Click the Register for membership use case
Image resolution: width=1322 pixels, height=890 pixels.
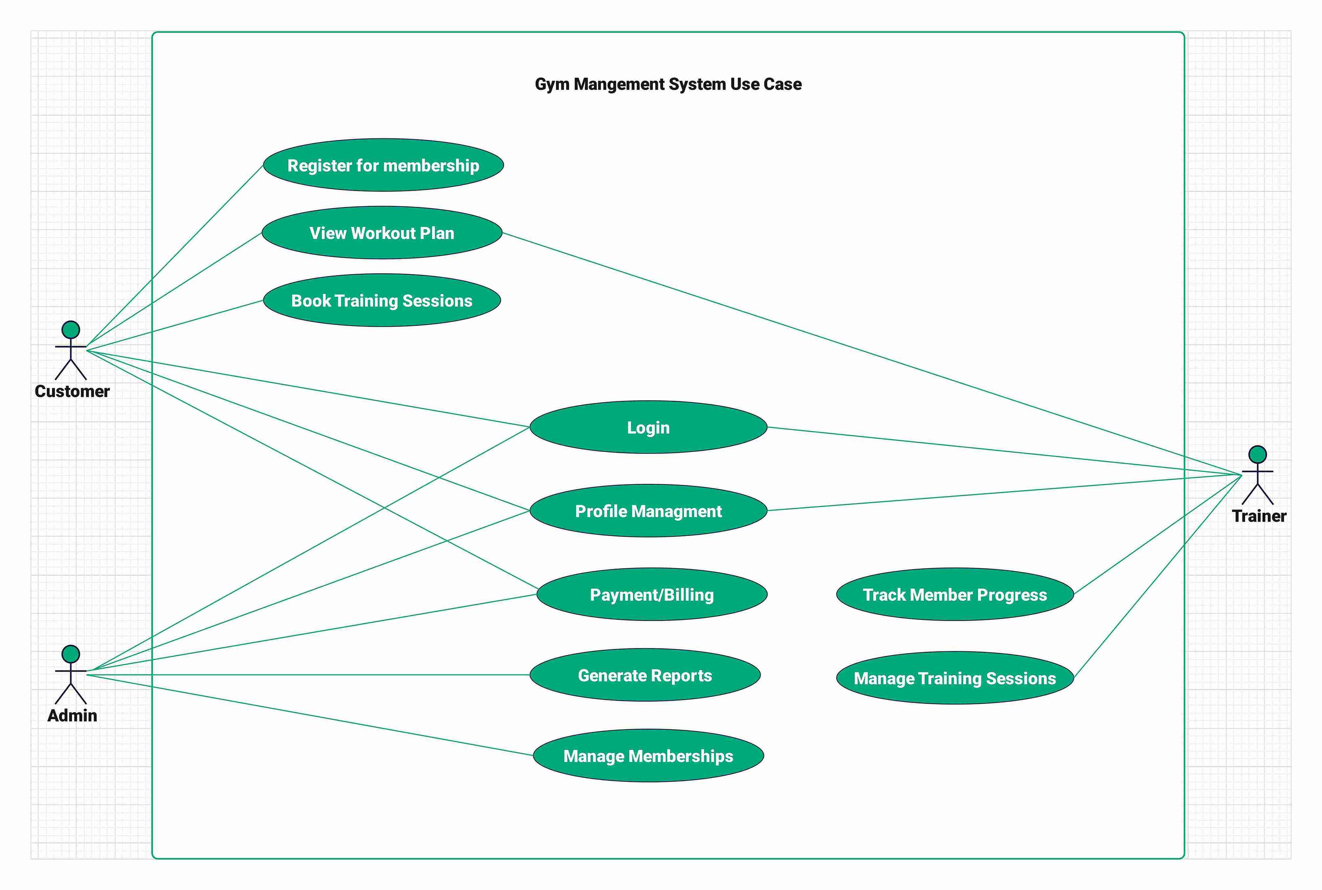[383, 165]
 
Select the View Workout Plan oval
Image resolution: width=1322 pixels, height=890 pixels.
[382, 233]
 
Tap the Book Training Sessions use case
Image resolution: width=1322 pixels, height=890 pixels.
[382, 300]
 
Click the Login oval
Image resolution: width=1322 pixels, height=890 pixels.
[648, 427]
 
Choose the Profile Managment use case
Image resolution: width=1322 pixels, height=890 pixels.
[648, 511]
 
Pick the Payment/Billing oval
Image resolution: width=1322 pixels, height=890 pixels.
[652, 594]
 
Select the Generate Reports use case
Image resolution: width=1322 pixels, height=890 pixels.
[645, 675]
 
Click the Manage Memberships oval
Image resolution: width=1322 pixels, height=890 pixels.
[648, 756]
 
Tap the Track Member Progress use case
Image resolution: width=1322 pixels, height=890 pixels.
[954, 594]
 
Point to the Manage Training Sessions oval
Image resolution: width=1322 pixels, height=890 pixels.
[954, 678]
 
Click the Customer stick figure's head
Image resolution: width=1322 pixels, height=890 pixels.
[71, 330]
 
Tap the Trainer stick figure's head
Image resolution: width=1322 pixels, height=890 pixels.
[1257, 455]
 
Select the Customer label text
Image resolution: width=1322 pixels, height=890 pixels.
[72, 391]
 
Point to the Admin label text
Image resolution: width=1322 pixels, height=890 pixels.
[72, 715]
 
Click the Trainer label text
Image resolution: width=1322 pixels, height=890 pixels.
[1259, 516]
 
